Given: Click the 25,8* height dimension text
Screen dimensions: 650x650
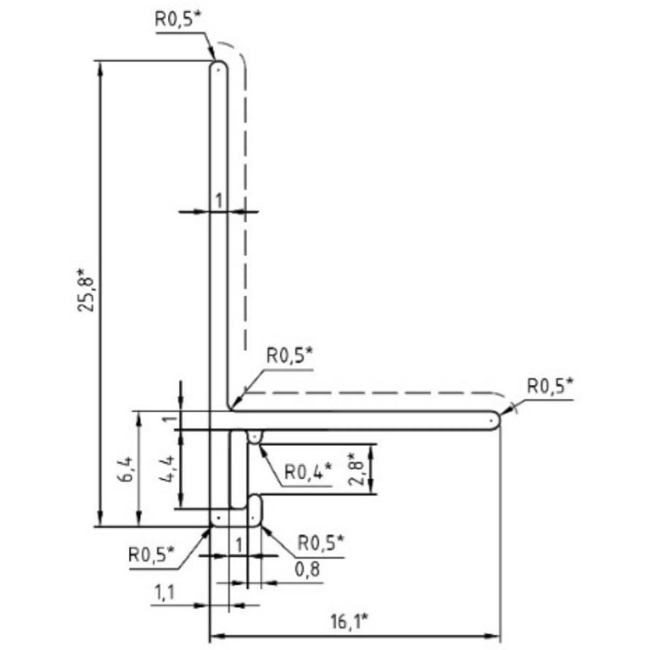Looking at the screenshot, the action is click(86, 290).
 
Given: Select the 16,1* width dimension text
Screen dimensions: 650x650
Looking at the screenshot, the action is click(350, 621).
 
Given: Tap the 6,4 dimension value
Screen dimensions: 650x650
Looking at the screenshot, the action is click(126, 469).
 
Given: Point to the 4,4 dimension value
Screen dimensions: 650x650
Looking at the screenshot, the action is click(167, 469).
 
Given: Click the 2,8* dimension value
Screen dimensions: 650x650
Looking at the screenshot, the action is click(357, 468).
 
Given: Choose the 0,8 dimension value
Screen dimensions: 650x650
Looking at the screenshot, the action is click(307, 569).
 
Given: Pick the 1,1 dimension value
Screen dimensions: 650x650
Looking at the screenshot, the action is click(165, 593).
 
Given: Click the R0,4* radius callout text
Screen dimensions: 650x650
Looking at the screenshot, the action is click(308, 471).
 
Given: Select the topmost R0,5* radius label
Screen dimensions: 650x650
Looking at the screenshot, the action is click(180, 18).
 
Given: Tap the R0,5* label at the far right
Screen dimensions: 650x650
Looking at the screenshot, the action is click(550, 386).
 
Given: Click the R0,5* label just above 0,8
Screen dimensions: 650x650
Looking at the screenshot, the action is click(321, 543).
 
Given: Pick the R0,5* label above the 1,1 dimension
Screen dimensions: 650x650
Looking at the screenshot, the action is click(152, 554).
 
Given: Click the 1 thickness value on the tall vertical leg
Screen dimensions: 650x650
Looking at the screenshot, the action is click(219, 201).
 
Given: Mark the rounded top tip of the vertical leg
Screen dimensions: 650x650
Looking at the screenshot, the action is click(218, 62).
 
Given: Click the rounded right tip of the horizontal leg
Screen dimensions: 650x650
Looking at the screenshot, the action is click(498, 421).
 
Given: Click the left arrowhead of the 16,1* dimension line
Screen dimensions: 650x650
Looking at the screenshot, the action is click(218, 636).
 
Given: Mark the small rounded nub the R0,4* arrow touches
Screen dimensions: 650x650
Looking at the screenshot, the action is click(254, 437).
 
